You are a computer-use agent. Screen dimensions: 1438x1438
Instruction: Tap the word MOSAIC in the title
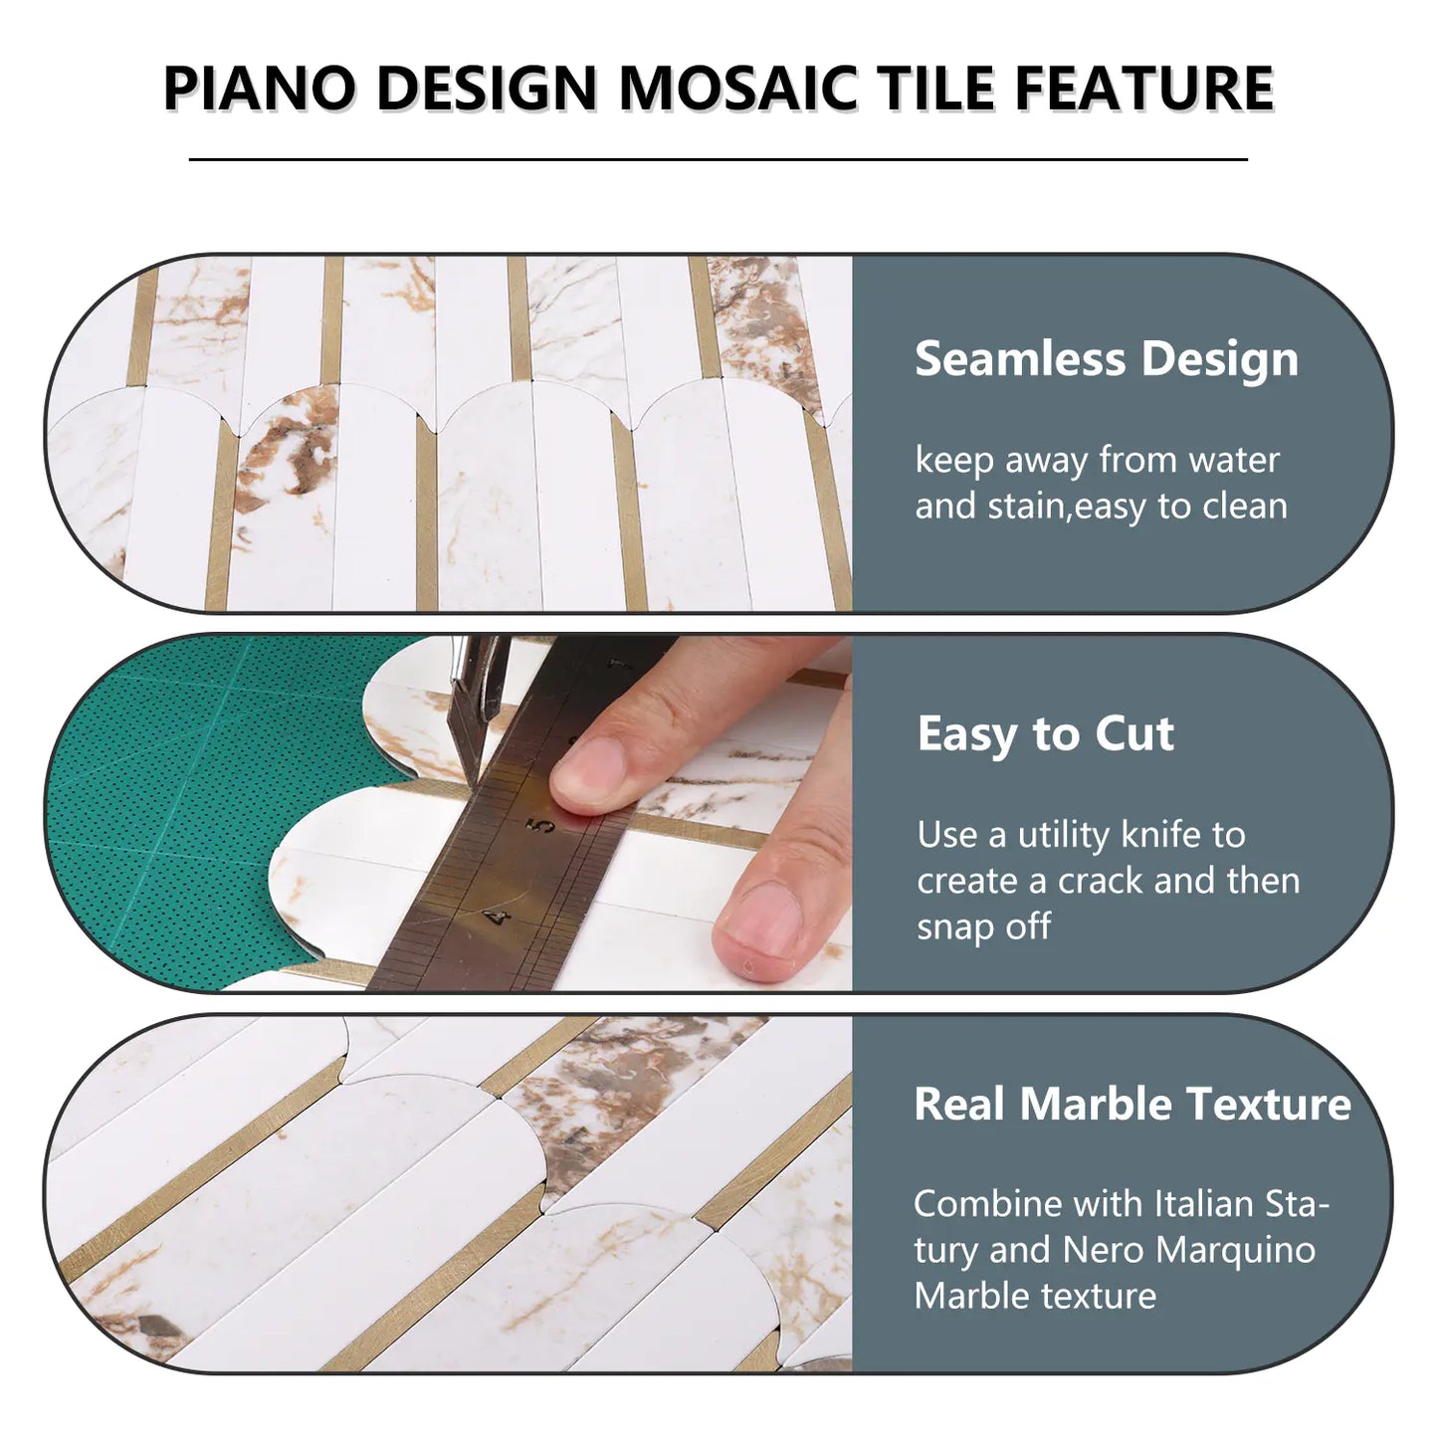click(737, 88)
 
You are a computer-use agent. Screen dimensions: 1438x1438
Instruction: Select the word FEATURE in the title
click(1144, 88)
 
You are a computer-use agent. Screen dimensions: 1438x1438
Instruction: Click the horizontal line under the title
click(718, 159)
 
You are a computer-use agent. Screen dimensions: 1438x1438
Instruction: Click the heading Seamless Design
click(1106, 358)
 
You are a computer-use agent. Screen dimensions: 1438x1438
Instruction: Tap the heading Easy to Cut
click(1045, 733)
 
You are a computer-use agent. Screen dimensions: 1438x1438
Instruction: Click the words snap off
click(983, 926)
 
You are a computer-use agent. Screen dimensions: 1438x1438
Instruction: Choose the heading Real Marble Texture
click(1131, 1104)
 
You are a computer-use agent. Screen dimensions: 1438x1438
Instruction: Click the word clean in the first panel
click(1244, 506)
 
